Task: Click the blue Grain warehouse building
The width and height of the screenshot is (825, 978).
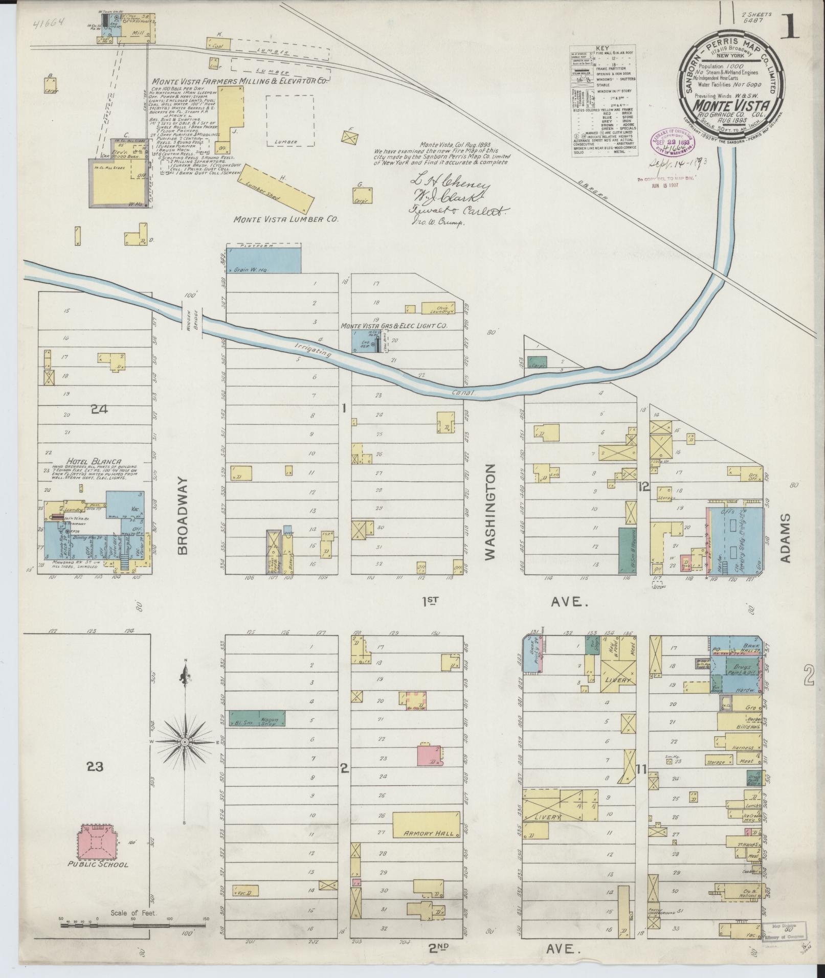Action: click(263, 259)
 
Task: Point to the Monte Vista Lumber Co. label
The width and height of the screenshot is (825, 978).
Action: click(286, 219)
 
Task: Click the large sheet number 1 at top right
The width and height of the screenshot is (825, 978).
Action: click(792, 27)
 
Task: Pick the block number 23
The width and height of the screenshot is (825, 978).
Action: click(95, 766)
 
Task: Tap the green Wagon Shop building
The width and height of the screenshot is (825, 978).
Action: click(256, 718)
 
